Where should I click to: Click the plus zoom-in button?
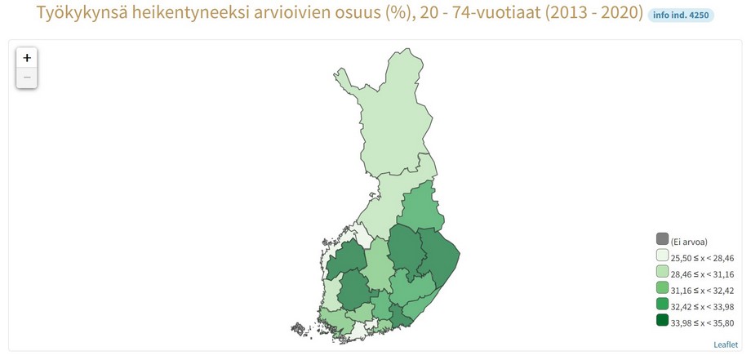[27, 58]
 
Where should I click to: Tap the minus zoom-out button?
[27, 78]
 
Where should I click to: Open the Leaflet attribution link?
[725, 345]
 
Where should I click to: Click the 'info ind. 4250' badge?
[680, 15]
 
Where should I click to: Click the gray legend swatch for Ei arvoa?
[662, 239]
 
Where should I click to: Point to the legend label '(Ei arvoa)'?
[688, 242]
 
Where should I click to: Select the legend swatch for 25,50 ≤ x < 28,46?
[662, 256]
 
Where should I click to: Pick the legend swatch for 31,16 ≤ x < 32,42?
[662, 288]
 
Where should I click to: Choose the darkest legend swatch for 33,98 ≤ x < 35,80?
[662, 320]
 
